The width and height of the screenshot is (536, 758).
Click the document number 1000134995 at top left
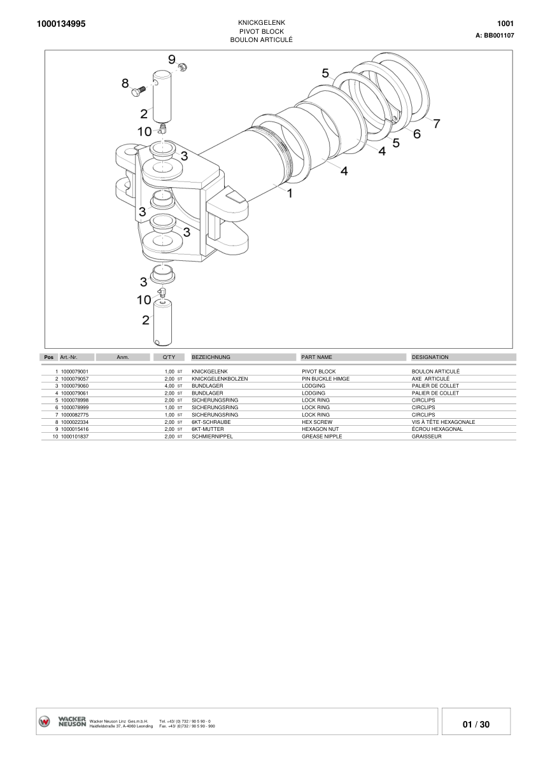(x=62, y=24)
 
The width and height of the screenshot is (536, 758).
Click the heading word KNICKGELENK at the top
(x=265, y=22)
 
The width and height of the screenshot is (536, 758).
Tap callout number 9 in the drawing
(x=172, y=59)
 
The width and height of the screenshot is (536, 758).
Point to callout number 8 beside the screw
(x=125, y=83)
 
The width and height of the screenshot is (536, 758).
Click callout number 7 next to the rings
(x=436, y=124)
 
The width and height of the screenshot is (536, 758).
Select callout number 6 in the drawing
(x=417, y=134)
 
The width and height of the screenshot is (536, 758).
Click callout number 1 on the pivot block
(x=290, y=193)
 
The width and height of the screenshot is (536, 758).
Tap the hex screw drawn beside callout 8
(x=139, y=91)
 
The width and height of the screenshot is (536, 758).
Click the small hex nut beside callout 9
(x=182, y=67)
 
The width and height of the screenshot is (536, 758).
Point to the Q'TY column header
(x=169, y=357)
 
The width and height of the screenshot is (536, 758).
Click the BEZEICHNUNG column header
(x=211, y=357)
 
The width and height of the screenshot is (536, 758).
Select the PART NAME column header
(x=316, y=357)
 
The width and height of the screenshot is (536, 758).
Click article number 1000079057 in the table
(x=74, y=378)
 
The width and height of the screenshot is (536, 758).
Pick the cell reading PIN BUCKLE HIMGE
(x=325, y=378)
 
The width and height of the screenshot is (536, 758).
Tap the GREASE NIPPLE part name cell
(x=321, y=436)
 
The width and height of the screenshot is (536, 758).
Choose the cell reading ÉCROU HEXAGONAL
(x=437, y=429)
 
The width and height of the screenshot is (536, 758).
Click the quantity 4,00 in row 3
(x=169, y=386)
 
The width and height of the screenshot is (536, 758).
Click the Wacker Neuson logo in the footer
(x=62, y=722)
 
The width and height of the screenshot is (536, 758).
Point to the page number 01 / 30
(x=476, y=724)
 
